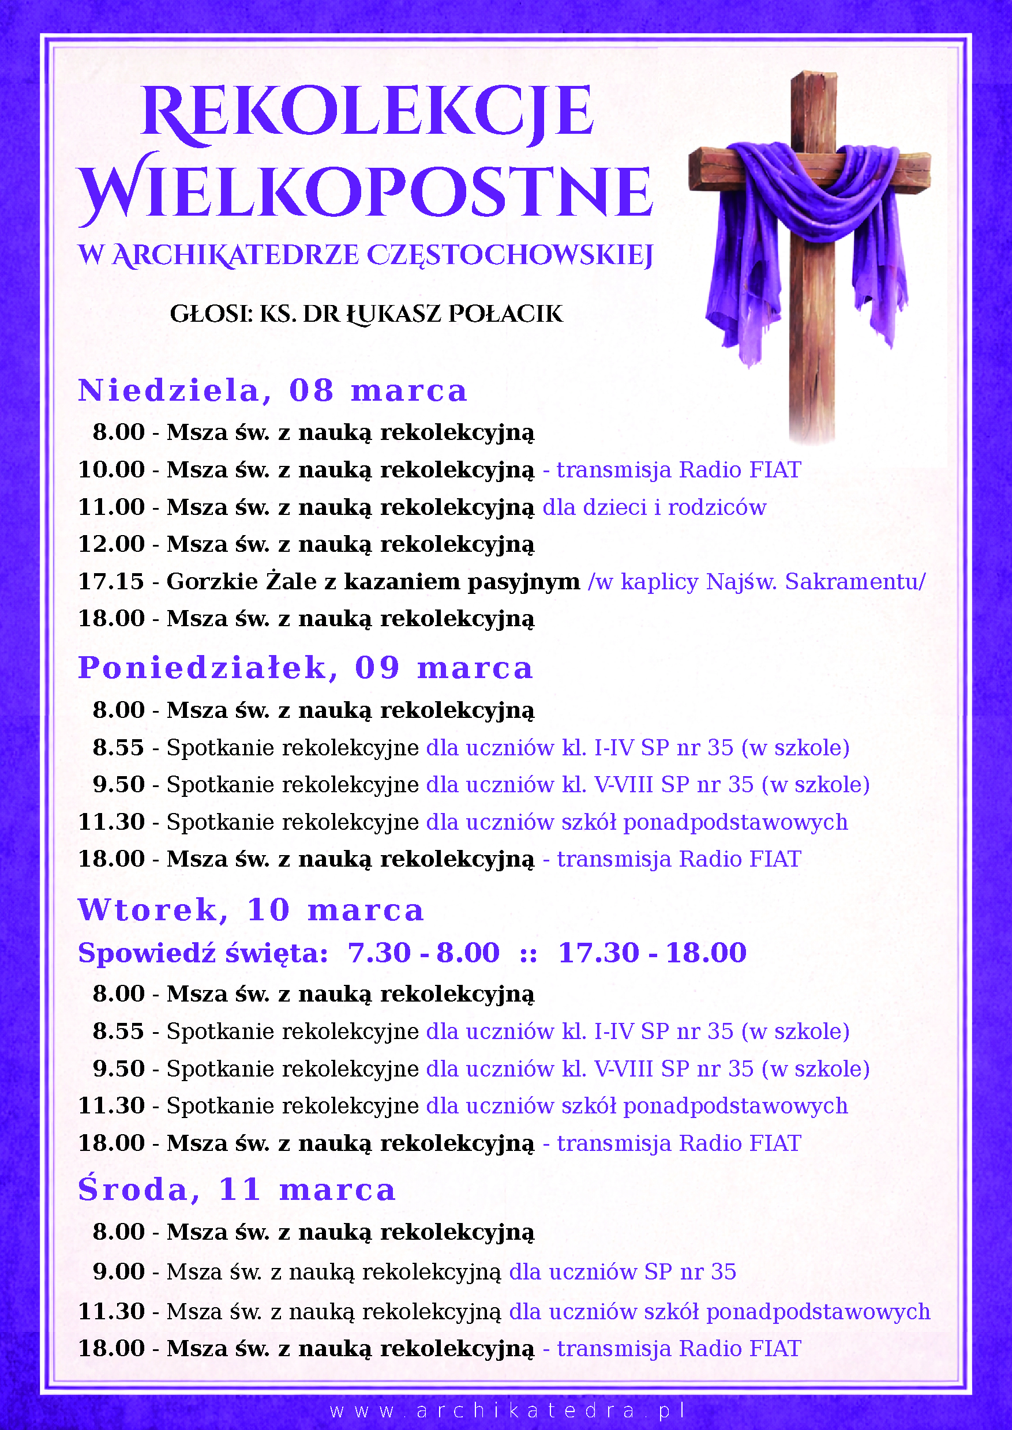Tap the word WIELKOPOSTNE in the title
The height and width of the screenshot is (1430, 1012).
click(366, 190)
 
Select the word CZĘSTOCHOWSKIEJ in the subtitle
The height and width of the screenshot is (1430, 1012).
click(509, 255)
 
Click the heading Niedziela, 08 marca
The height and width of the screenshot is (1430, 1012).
click(272, 391)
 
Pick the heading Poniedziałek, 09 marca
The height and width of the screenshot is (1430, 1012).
click(305, 668)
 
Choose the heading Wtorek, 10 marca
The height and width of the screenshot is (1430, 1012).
click(250, 910)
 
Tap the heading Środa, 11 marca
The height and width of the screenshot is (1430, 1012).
click(237, 1190)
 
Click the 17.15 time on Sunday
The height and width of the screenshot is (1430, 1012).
click(111, 582)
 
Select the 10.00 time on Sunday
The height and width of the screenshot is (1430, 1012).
click(111, 469)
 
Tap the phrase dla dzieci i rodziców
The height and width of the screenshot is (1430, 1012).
click(654, 507)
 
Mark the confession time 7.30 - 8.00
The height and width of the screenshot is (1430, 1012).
click(423, 953)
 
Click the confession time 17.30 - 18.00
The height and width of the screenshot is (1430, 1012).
click(653, 953)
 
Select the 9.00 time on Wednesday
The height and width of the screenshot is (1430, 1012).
click(118, 1272)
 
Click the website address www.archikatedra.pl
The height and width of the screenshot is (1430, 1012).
click(508, 1409)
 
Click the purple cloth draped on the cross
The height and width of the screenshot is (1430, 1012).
click(810, 205)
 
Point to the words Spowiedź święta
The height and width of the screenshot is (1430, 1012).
click(203, 954)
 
